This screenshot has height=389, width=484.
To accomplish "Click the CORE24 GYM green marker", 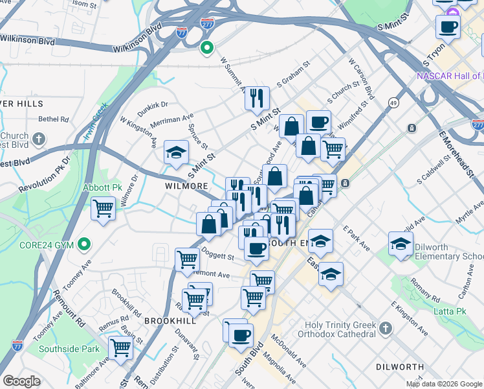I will click(83, 244).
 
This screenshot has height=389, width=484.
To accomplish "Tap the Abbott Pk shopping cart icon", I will click(103, 209).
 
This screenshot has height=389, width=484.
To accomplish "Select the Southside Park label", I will click(69, 349).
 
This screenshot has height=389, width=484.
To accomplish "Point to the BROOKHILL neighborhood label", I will click(170, 321).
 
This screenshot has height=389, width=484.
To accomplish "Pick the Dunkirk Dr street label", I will click(152, 104).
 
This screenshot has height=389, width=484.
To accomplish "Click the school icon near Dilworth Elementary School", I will click(401, 244).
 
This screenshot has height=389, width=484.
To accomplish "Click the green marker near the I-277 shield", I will click(207, 47).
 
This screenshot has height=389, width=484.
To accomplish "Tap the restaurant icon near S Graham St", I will click(257, 98).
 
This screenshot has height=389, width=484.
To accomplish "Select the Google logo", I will click(21, 381).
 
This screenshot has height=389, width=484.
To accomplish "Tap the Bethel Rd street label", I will click(54, 119).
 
